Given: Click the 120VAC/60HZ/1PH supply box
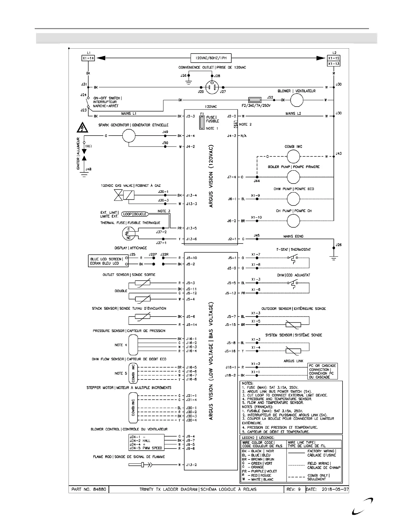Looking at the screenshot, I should pos(211,58).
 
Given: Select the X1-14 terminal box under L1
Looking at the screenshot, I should pos(88,58).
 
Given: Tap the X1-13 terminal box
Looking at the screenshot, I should pos(334,64).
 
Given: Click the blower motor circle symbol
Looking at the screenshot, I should pos(296,100).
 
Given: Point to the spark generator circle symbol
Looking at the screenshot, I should pos(129,136).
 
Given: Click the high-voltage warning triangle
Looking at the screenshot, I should pos(82,127).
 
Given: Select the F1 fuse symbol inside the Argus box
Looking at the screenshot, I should pos(202,122).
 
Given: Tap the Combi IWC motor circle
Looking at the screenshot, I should pos(293,156).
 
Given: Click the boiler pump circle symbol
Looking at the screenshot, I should pos(293,177).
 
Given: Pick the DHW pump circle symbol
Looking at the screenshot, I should pos(293,199).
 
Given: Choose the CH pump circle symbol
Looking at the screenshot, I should pos(293,221).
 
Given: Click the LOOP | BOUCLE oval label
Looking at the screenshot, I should pos(135,214).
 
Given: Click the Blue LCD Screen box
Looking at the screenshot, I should pos(106,261).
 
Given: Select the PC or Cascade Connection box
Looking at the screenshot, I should pos(323,371).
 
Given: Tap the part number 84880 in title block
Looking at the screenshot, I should pos(89,489).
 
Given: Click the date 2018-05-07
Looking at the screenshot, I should pos(335,489).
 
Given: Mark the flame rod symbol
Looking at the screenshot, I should pos(141,465).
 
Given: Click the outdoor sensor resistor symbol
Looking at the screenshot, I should pos(293,325).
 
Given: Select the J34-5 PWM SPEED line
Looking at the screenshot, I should pos(146,448).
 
